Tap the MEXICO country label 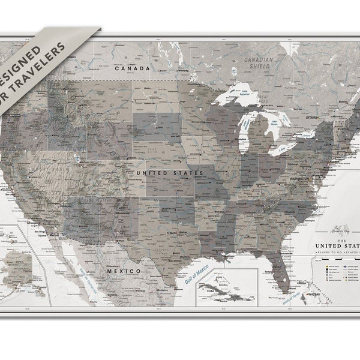click(124, 271)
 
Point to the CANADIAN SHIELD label click(258, 63)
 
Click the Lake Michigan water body click(244, 129)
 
